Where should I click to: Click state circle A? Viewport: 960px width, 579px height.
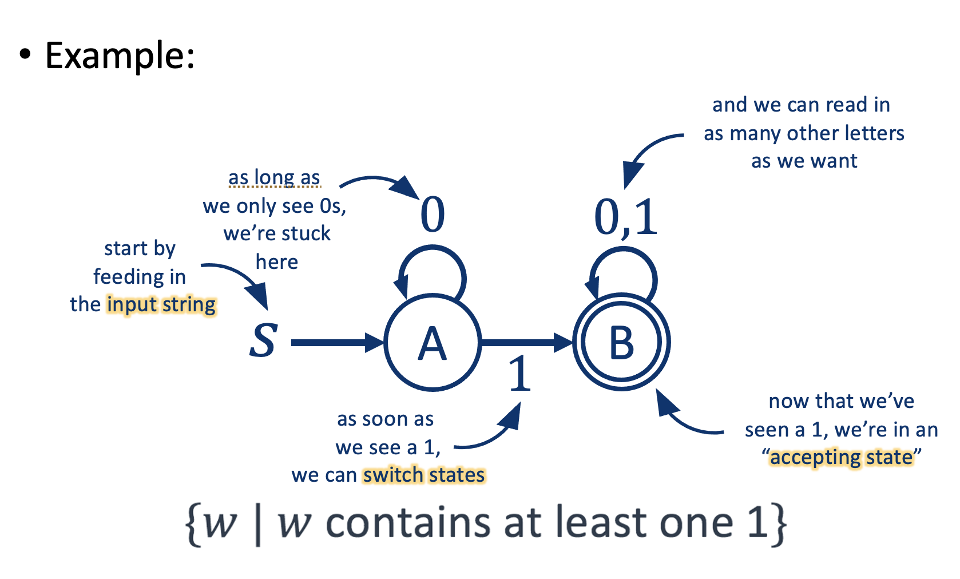coord(433,343)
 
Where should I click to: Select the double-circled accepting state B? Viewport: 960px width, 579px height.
coord(621,343)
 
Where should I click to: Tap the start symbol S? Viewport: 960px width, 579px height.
coord(264,341)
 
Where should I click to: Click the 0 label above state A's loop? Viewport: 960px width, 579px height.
coord(433,215)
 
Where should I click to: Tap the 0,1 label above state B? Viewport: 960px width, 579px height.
coord(626,217)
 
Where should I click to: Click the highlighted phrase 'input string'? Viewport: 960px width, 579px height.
coord(161,304)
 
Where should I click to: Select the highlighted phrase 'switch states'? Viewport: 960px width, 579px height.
coord(424,475)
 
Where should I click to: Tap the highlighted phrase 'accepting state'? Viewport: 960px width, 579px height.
coord(842,458)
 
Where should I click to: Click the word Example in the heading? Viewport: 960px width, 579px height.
coord(119,55)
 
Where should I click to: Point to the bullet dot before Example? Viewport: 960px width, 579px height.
coord(25,55)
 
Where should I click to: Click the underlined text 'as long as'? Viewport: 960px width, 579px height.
coord(274,177)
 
